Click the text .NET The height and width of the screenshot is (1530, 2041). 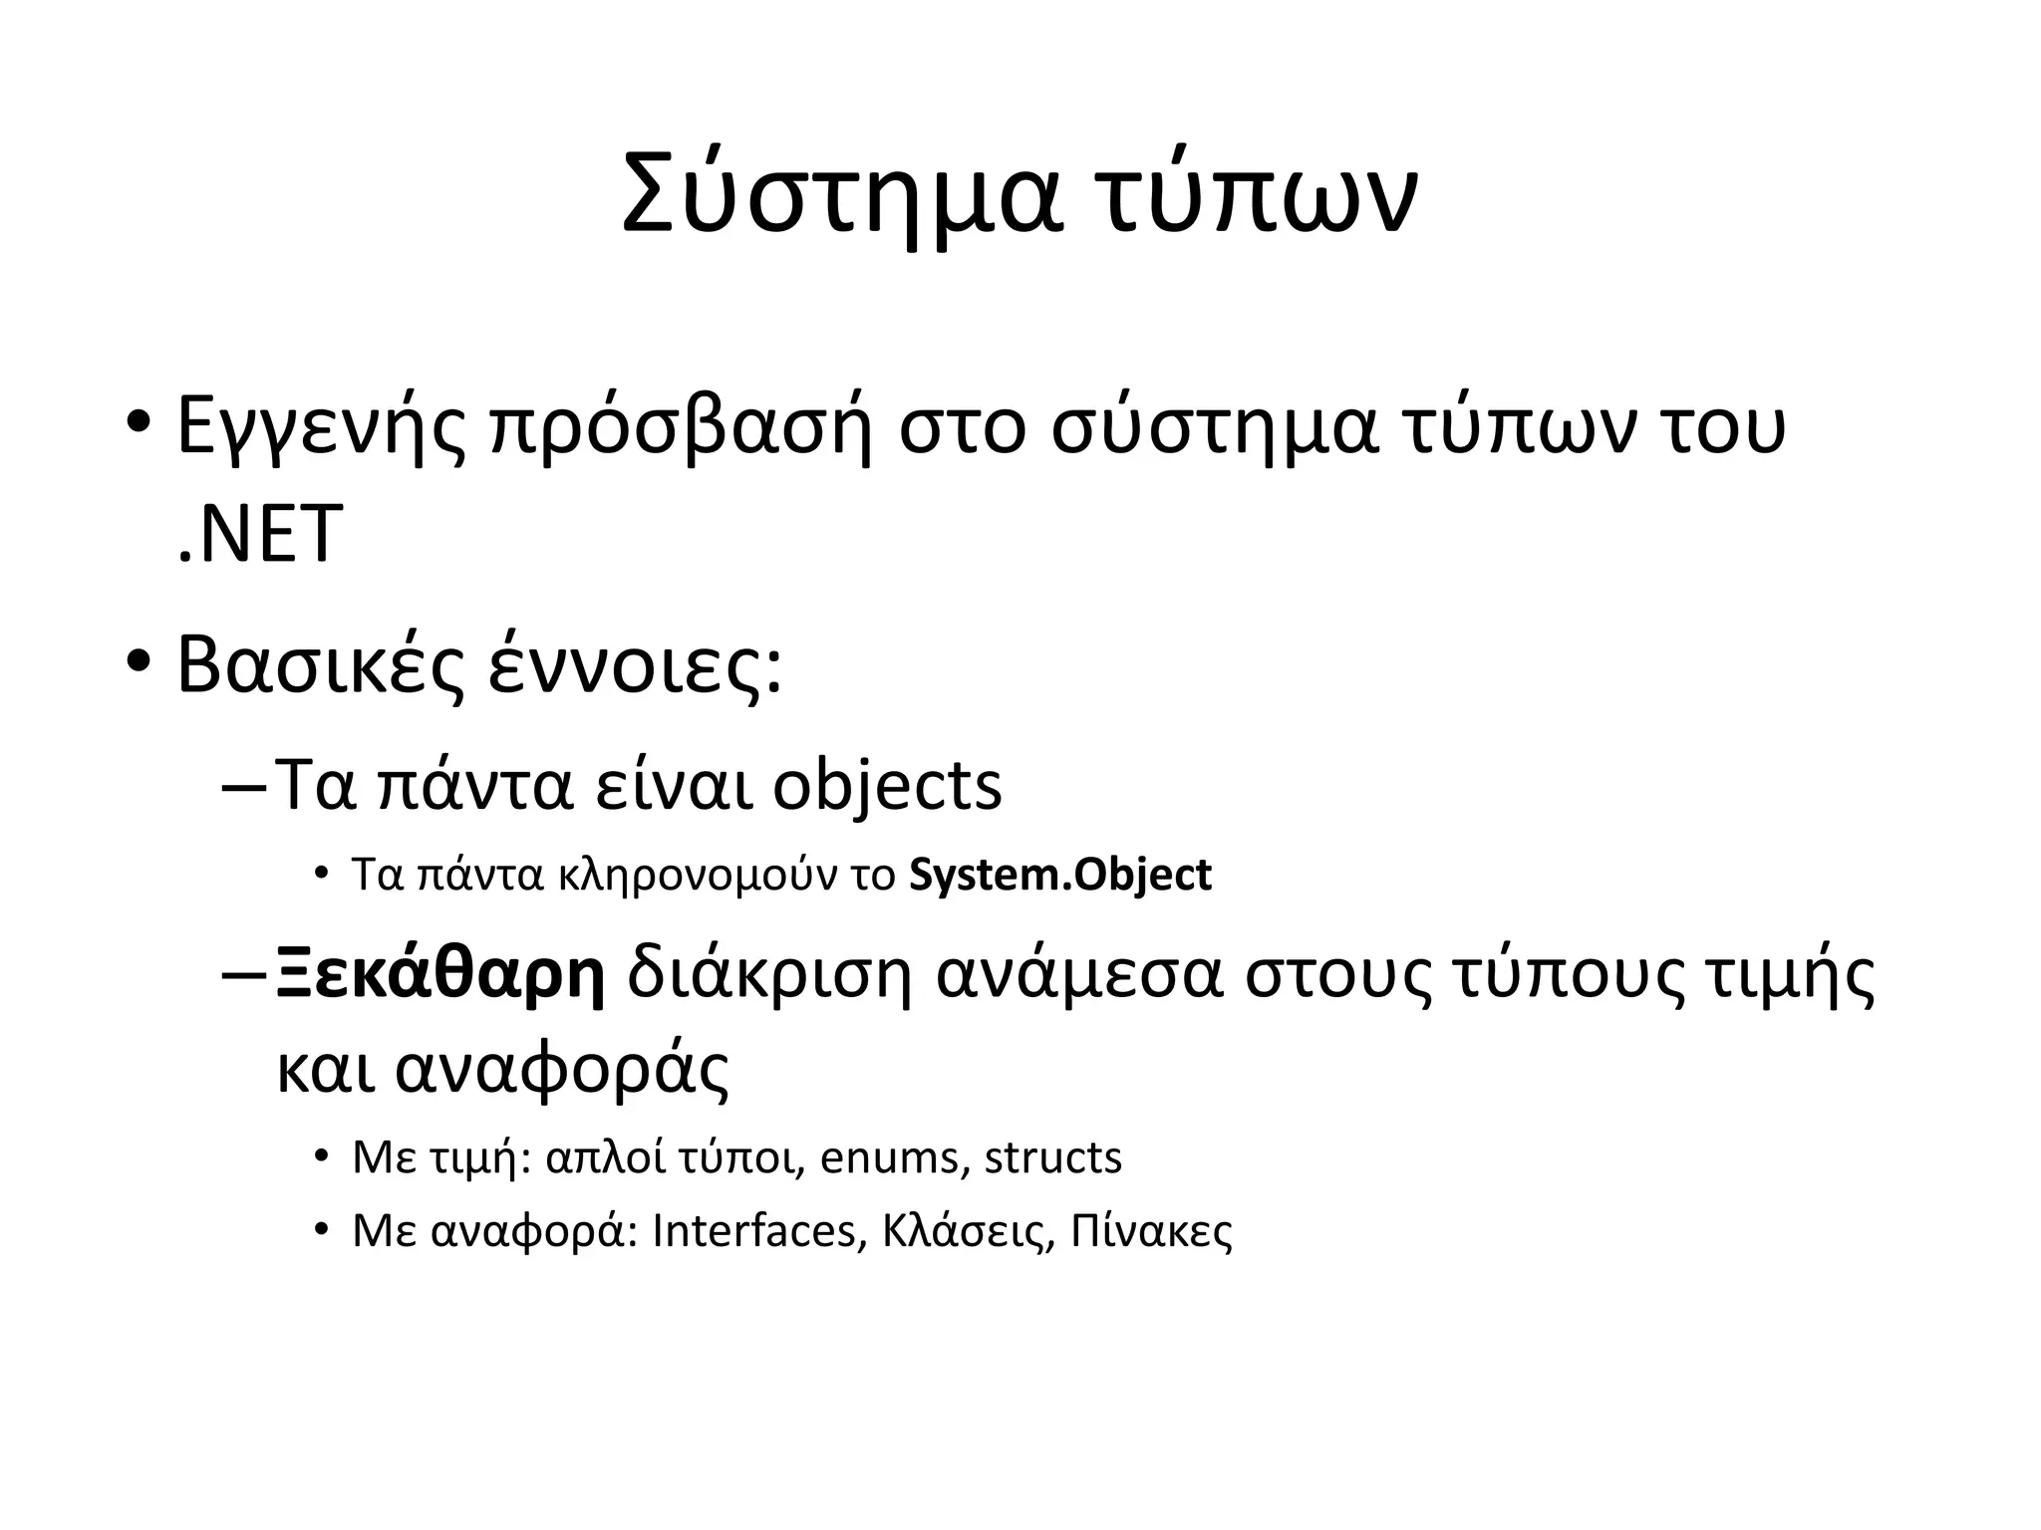[x=259, y=535]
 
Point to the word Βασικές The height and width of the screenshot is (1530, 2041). [x=321, y=665]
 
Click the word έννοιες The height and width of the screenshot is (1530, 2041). [x=634, y=665]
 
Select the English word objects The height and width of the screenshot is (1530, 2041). [x=887, y=786]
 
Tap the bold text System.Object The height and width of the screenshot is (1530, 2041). [x=1060, y=876]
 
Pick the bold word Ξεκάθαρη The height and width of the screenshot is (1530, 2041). [x=439, y=975]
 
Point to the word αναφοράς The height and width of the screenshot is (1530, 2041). [x=562, y=1069]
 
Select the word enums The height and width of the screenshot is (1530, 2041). [x=889, y=1157]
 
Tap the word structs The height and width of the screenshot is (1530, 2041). [x=1052, y=1157]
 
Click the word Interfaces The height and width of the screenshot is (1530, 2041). [x=754, y=1232]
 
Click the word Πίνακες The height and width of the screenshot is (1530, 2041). [x=1151, y=1232]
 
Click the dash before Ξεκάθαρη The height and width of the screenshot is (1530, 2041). [x=242, y=975]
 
